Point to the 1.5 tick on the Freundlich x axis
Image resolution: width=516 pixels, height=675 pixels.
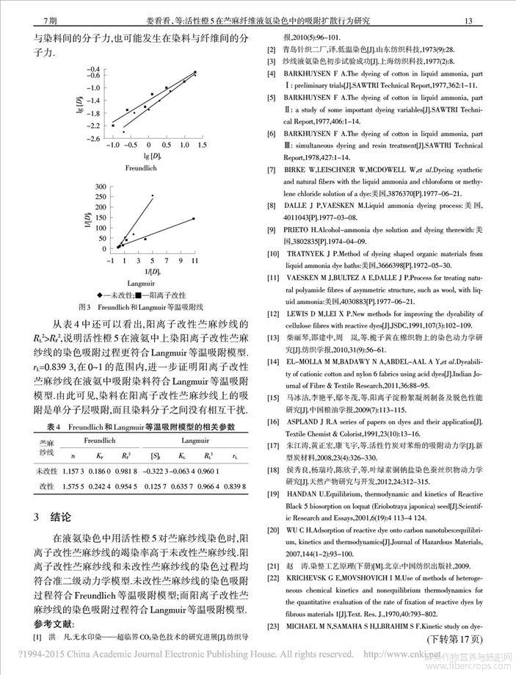(199, 146)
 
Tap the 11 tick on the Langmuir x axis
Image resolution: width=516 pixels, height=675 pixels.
(194, 261)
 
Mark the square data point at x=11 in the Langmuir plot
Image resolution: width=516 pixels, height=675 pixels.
(194, 218)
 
